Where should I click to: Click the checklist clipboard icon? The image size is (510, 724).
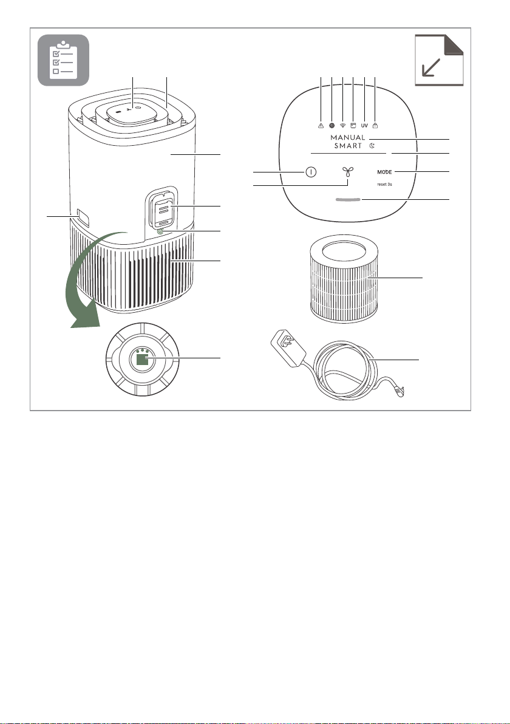click(x=63, y=60)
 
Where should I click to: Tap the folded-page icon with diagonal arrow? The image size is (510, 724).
click(x=439, y=60)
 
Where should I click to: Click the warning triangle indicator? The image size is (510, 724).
click(x=321, y=126)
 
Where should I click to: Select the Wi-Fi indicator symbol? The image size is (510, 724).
click(x=342, y=126)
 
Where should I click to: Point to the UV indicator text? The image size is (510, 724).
click(x=364, y=126)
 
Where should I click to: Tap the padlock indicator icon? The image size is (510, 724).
click(x=375, y=125)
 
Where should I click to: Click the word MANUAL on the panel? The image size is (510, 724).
click(x=348, y=138)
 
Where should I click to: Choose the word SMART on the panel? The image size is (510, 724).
click(x=348, y=146)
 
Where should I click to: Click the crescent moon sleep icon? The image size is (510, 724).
click(x=372, y=146)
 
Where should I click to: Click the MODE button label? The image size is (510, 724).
click(x=384, y=172)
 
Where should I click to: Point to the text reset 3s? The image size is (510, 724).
click(x=384, y=184)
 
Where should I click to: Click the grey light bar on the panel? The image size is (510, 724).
click(x=348, y=199)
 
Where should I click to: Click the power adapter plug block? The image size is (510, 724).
click(x=288, y=348)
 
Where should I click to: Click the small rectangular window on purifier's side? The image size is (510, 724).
click(x=83, y=217)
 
